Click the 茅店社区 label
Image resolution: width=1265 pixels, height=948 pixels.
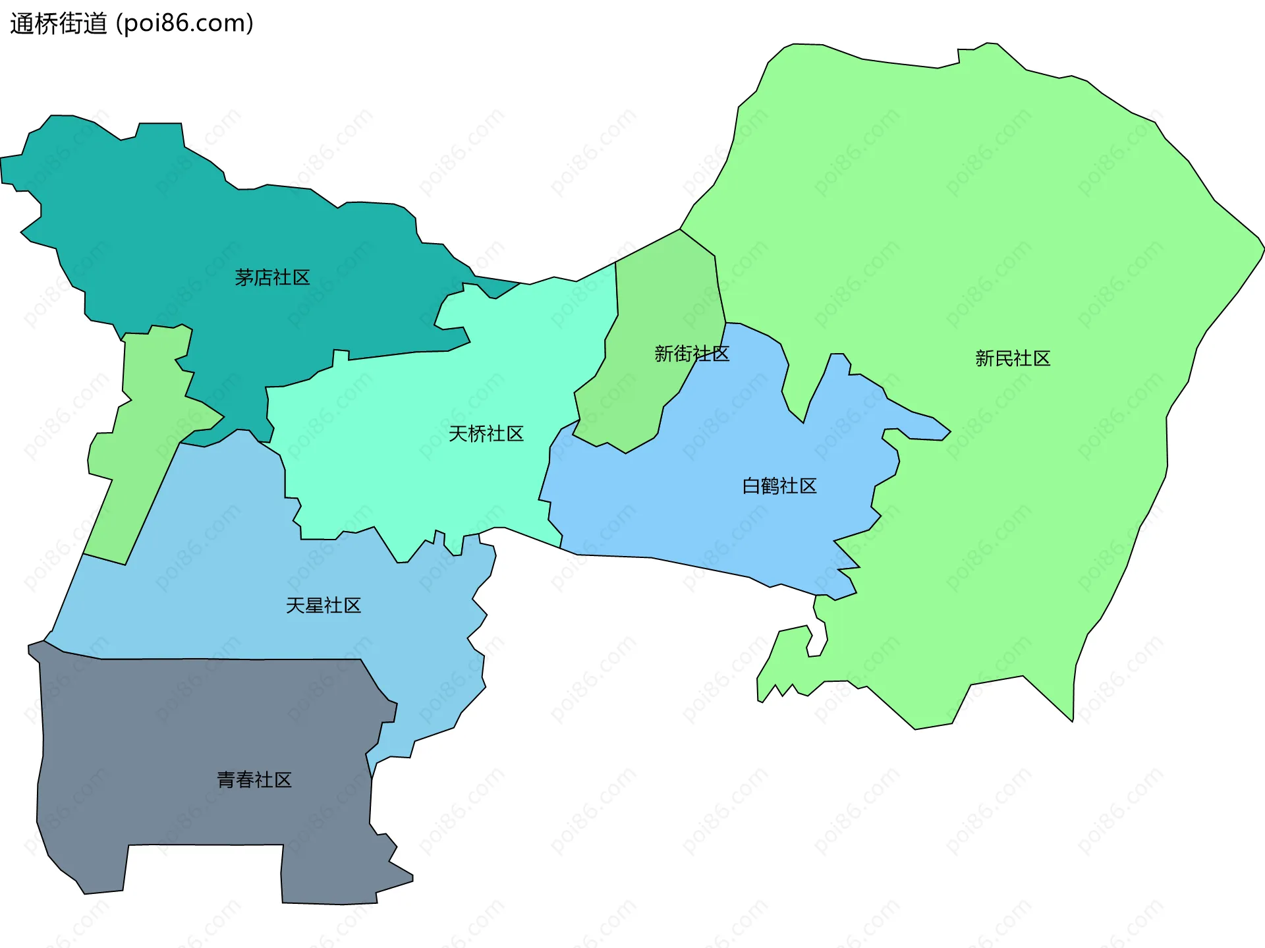tap(272, 277)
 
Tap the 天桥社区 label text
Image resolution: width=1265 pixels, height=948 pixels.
tap(486, 433)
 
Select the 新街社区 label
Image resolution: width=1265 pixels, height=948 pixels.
tap(691, 354)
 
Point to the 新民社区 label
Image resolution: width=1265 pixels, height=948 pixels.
tap(1012, 358)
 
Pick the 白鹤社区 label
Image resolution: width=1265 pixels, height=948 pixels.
tap(779, 486)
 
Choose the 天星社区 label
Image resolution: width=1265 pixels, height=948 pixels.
tap(323, 605)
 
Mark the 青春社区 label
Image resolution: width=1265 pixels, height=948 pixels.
tap(254, 780)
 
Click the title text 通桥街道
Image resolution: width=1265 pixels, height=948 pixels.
tap(59, 24)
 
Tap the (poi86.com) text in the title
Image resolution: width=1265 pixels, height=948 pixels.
tap(184, 24)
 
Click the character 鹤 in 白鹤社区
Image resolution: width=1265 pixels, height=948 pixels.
tap(770, 486)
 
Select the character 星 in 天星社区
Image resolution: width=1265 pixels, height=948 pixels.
tap(314, 605)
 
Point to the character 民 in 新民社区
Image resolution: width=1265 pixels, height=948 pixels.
tap(1003, 358)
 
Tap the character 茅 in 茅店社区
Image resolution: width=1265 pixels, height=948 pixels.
tap(244, 277)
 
